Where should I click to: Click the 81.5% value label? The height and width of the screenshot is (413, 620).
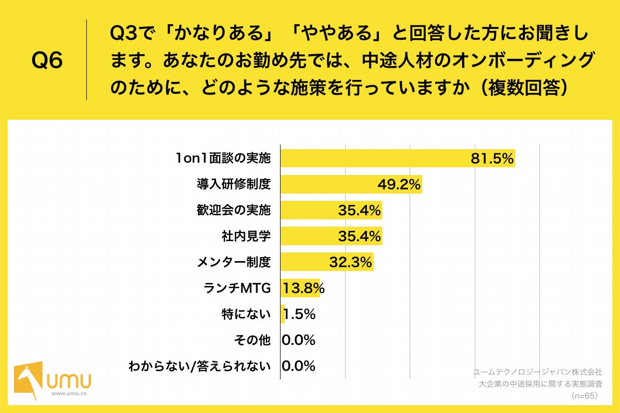(x=492, y=158)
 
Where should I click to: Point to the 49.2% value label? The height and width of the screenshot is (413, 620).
(x=399, y=184)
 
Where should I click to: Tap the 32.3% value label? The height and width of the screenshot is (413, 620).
(x=351, y=262)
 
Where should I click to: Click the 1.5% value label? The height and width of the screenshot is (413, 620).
(x=300, y=314)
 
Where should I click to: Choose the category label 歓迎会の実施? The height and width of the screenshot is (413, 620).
(x=234, y=210)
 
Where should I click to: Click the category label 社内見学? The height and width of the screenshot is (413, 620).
(x=246, y=236)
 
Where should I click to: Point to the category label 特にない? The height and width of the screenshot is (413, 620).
(x=246, y=314)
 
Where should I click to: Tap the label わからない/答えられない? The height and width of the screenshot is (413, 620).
(x=200, y=366)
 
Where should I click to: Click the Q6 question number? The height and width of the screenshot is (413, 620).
(x=47, y=60)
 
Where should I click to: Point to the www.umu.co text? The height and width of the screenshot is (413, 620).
(x=69, y=394)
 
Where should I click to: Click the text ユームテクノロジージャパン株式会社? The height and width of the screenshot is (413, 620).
(x=538, y=371)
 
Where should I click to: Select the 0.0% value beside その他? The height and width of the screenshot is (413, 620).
(x=299, y=340)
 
